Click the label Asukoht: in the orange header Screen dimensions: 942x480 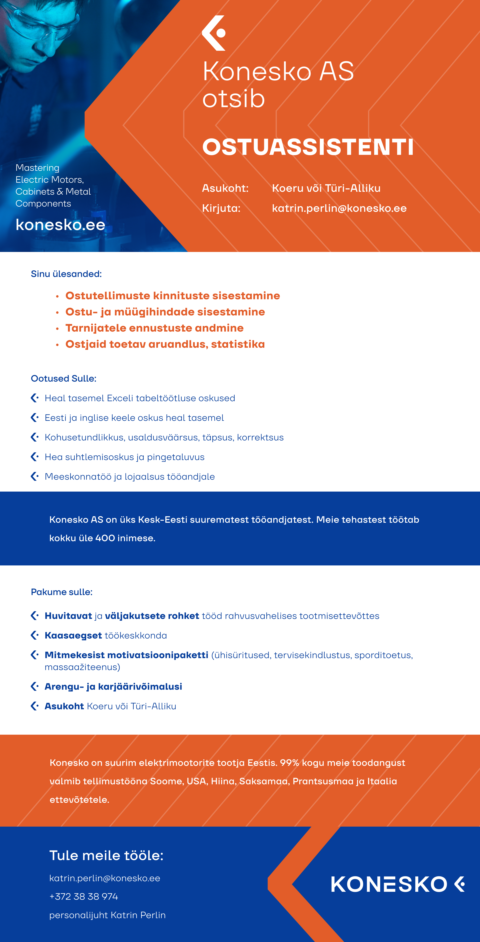225,188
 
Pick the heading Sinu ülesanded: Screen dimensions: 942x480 66,274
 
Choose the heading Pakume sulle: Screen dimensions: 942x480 61,592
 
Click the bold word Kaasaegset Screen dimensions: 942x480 73,636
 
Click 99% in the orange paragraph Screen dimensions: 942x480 289,763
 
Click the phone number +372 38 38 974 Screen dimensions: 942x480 84,897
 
